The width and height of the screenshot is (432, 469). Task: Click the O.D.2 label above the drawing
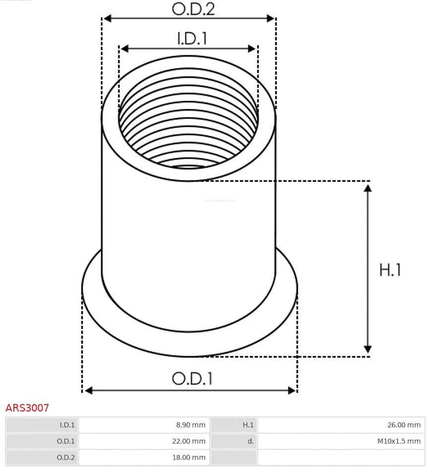click(193, 9)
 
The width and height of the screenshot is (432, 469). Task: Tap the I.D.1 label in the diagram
click(192, 39)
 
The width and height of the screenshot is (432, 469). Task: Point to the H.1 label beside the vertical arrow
click(390, 270)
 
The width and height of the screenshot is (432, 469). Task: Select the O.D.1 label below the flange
click(192, 379)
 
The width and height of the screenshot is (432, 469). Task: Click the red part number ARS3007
click(27, 408)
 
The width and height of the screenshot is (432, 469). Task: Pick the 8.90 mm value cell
click(191, 425)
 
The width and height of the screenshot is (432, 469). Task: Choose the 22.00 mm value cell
click(188, 441)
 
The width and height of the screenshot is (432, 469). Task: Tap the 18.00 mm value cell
click(188, 458)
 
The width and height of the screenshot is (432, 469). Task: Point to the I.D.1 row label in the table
click(67, 425)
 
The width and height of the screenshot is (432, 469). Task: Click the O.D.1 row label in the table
click(66, 441)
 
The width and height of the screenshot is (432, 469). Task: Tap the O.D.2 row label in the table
click(66, 458)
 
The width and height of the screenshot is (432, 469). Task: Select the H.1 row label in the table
click(247, 425)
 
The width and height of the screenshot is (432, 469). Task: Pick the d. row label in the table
click(250, 441)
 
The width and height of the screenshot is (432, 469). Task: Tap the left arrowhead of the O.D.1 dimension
click(88, 391)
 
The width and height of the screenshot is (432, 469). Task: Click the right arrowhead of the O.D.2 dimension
click(271, 18)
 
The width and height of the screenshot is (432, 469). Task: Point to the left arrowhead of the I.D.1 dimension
click(124, 48)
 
